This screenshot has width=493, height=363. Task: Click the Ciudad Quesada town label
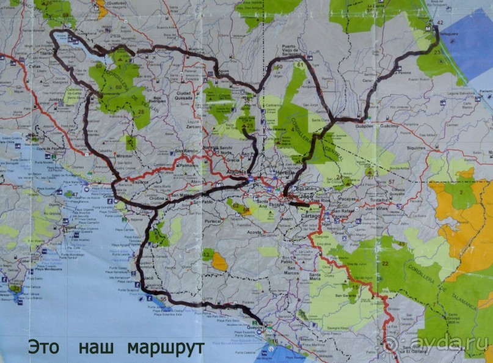coord(183,95)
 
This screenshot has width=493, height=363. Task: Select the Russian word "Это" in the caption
coord(43,347)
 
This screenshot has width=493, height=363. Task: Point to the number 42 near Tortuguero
coord(439,23)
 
